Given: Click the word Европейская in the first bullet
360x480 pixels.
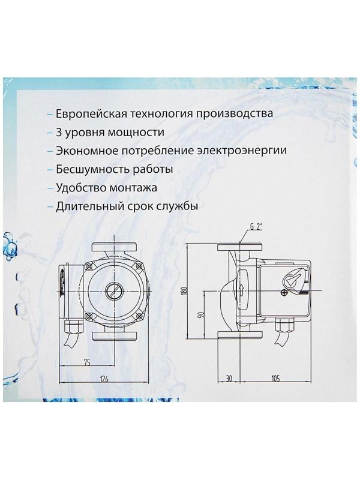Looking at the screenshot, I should [x=90, y=113].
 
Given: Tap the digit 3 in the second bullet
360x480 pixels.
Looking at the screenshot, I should [x=58, y=131].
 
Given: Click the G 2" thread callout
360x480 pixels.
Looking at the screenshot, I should [x=256, y=228].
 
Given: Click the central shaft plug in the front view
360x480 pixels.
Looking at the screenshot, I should [x=113, y=290].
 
